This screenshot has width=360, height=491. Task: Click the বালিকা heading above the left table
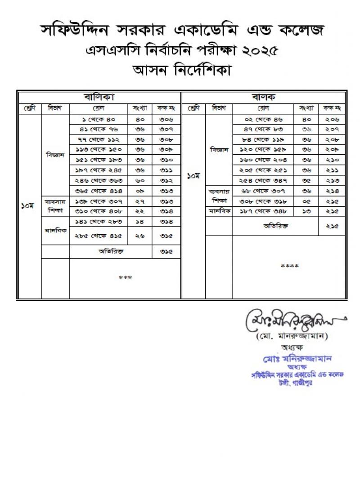(99, 97)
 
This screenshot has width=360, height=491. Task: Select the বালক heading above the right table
(264, 97)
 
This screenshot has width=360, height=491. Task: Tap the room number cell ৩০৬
(166, 119)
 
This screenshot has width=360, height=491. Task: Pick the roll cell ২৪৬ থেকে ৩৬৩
(98, 181)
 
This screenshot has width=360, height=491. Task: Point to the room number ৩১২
(166, 181)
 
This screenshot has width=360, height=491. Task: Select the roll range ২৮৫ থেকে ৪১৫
(98, 236)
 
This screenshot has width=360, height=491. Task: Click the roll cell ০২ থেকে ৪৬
(263, 119)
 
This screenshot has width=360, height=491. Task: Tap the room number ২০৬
(332, 119)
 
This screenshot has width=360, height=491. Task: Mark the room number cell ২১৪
(332, 191)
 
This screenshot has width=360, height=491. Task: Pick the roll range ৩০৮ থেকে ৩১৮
(263, 201)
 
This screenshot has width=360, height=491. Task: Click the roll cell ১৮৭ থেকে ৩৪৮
(263, 211)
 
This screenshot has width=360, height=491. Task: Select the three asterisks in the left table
(125, 278)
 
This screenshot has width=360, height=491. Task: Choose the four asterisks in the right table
(289, 266)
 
